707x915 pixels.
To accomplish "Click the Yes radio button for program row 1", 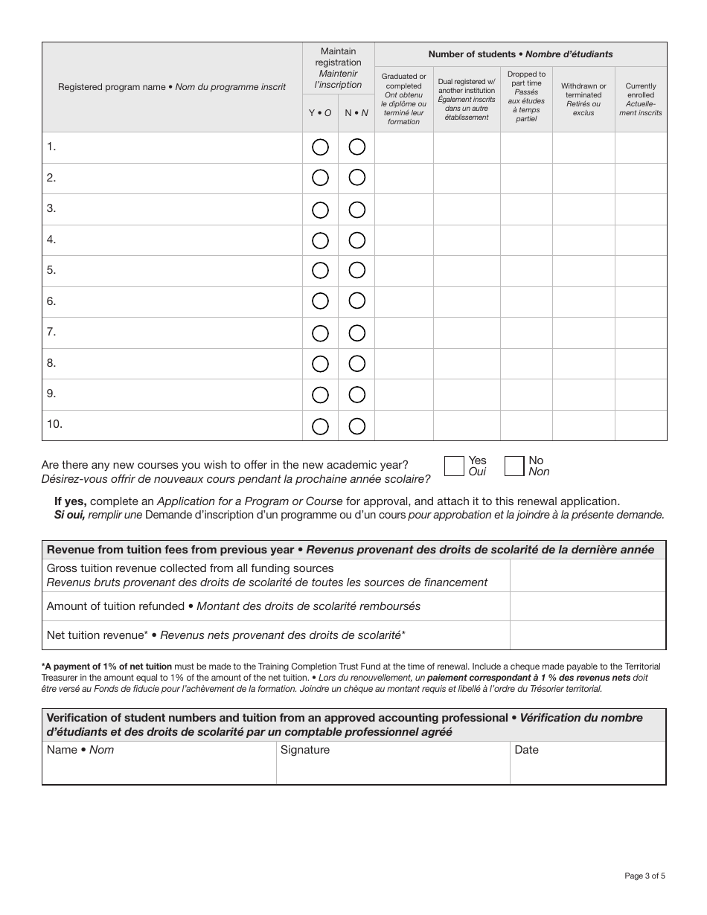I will tap(320, 147).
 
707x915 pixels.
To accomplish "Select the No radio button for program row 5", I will tap(357, 270).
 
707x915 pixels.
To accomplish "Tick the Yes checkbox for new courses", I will tap(454, 466).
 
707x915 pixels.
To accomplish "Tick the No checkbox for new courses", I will tap(514, 466).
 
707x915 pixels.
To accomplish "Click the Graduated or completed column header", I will tap(403, 99).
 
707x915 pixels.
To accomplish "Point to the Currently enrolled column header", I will tap(641, 99).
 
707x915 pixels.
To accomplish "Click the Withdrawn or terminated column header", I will tap(583, 99).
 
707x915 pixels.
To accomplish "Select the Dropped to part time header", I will tap(526, 97).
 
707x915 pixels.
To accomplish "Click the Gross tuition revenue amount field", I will tap(587, 575).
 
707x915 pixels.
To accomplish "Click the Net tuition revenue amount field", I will tap(587, 635).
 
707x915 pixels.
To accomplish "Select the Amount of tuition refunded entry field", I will tap(587, 606).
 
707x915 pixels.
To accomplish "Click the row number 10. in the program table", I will tap(54, 424).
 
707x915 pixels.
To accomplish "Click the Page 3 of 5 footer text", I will tap(644, 876).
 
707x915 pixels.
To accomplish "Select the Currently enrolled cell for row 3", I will tap(641, 209).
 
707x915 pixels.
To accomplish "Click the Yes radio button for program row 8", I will tap(320, 364).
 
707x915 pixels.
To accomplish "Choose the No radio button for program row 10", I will tap(357, 426).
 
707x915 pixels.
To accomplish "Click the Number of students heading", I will tap(520, 54).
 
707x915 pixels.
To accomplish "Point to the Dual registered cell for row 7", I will tap(467, 333).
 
